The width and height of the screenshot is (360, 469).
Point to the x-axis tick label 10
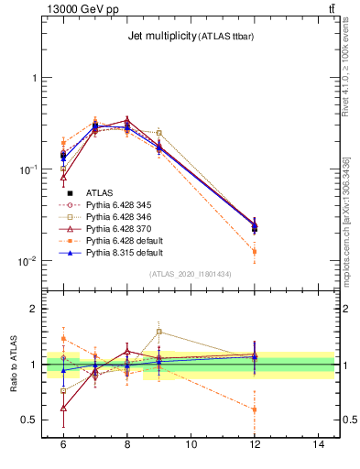tap(191, 443)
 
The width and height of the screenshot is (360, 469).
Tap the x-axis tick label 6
tap(63, 443)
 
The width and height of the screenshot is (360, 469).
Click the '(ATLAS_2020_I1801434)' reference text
tap(191, 274)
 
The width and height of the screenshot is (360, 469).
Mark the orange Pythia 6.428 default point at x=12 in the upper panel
tap(255, 251)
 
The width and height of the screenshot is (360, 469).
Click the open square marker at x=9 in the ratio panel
tap(158, 332)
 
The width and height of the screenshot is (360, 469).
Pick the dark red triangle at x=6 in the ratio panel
tap(63, 408)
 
